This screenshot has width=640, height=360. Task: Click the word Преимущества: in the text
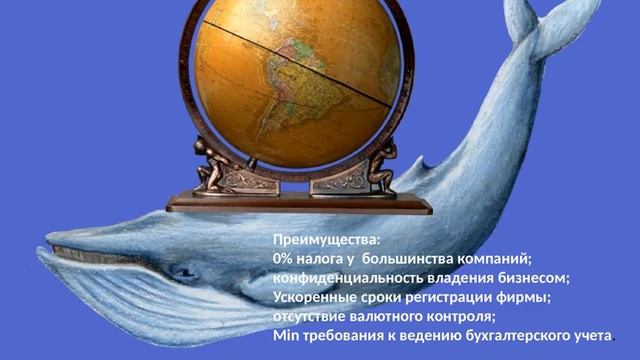click(x=313, y=241)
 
